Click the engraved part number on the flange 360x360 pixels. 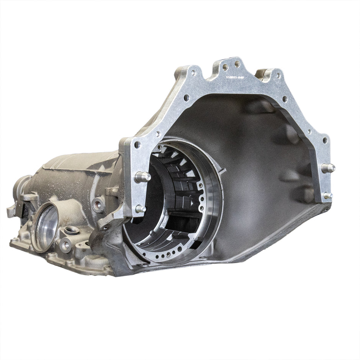(x=235, y=77)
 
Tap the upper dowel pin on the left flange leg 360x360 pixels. (x=142, y=177)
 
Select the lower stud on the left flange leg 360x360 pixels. (x=140, y=209)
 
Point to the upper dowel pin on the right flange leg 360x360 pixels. (x=328, y=167)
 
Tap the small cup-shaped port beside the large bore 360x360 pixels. (x=72, y=230)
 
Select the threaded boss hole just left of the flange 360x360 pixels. (x=98, y=205)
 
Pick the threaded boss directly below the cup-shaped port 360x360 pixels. (x=65, y=244)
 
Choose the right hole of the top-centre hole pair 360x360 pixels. (x=237, y=64)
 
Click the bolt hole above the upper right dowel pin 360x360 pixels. (x=325, y=140)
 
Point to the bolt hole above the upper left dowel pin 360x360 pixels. (x=137, y=145)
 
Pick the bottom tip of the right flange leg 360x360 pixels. (x=324, y=202)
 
